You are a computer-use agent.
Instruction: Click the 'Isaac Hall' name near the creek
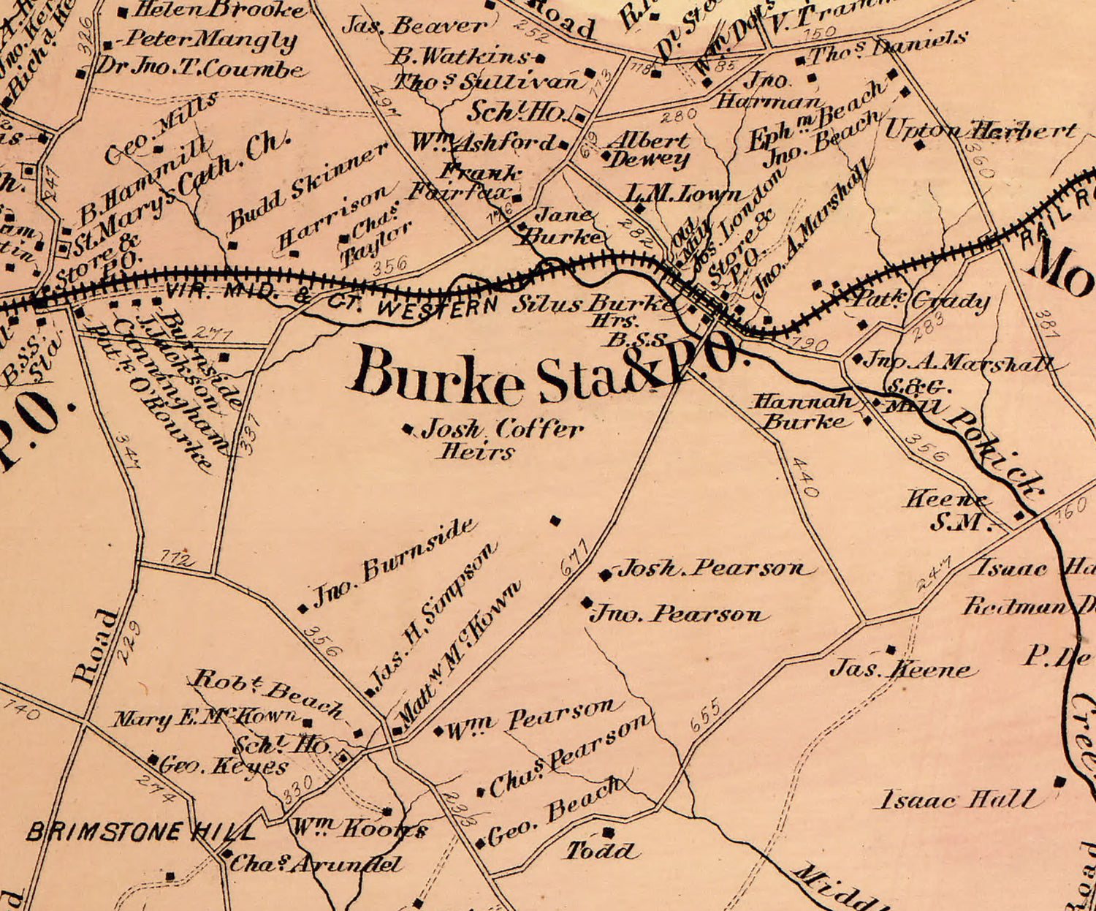click(957, 798)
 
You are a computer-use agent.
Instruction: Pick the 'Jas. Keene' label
click(903, 668)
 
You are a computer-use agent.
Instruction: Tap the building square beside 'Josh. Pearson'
click(605, 575)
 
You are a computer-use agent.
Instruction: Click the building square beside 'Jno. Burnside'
click(303, 608)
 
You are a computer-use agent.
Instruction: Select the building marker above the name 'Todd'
click(609, 832)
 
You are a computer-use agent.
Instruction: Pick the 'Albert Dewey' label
click(649, 149)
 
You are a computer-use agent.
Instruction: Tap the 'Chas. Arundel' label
click(316, 864)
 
